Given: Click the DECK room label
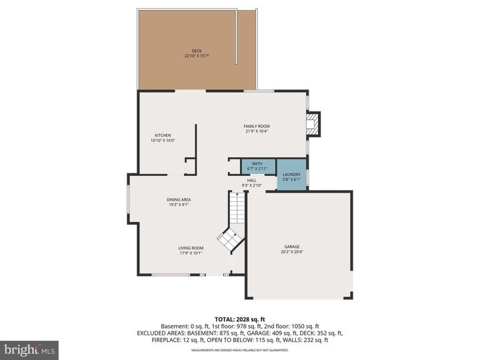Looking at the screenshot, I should coord(197,51).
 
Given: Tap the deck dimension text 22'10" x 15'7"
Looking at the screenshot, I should coord(197,56).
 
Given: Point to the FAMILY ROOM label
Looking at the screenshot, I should coord(257,126).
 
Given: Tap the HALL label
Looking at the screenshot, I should coord(252,180).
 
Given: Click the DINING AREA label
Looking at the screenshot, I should coord(179,199).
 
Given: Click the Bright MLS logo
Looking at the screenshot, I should coord(29,350).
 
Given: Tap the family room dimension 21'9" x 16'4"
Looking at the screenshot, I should coord(257,131).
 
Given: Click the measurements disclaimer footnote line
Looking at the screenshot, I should coord(239,350).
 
